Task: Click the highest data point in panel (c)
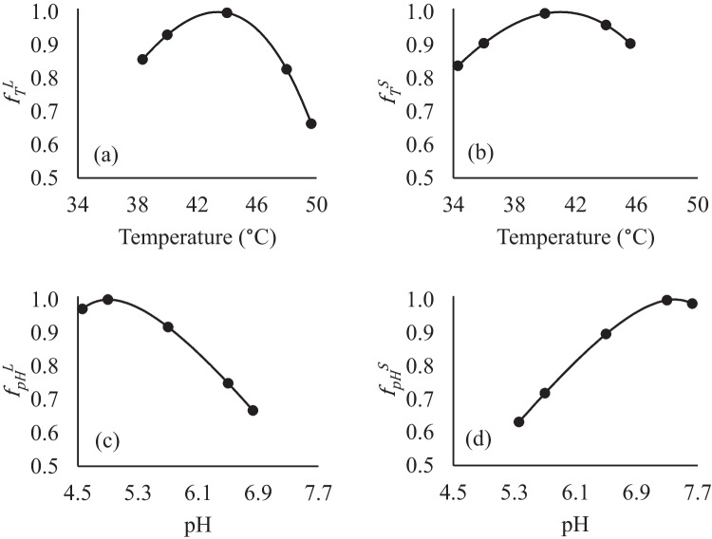[108, 300]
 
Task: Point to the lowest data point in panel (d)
[519, 421]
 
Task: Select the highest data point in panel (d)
[666, 300]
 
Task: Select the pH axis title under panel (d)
[575, 523]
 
